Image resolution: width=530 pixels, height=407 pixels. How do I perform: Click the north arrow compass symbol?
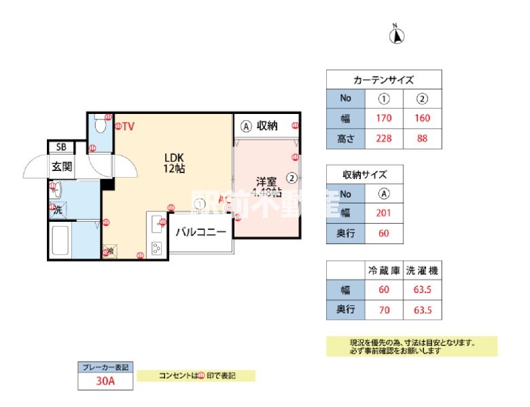(394, 34)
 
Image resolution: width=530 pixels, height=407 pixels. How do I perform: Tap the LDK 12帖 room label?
(175, 163)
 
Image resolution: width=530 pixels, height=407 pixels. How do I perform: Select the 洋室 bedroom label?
(265, 181)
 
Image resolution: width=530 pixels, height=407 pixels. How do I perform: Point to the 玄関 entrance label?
(62, 166)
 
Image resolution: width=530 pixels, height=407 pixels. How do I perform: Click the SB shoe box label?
(61, 147)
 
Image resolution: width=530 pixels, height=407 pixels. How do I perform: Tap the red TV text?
(128, 125)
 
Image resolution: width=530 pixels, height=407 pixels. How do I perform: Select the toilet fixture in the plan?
(100, 124)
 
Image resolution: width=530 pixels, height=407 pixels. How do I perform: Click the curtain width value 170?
(384, 118)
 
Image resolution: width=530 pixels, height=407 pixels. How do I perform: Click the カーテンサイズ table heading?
(384, 79)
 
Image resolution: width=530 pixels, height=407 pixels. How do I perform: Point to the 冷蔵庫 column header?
(384, 270)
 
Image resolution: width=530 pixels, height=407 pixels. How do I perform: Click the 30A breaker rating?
(105, 381)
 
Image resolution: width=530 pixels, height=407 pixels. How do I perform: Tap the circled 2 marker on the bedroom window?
(291, 178)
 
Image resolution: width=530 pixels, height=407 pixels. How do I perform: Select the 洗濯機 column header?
(422, 270)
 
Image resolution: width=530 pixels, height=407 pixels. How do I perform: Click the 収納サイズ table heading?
(365, 175)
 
